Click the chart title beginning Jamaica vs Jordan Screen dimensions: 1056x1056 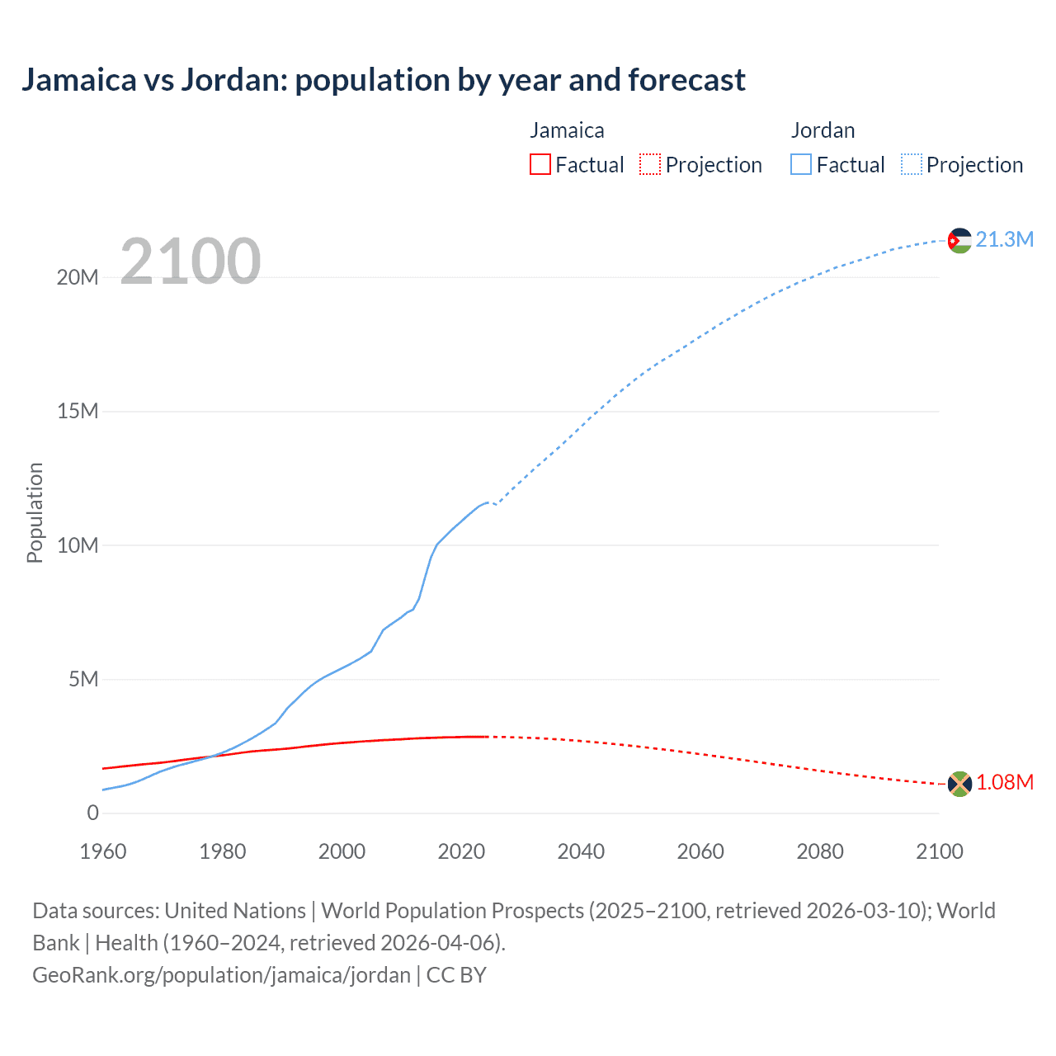point(384,80)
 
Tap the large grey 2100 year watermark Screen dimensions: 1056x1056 point(191,262)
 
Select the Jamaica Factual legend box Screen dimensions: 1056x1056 point(540,164)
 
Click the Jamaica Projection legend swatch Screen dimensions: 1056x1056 point(650,164)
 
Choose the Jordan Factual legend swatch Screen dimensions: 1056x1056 point(801,164)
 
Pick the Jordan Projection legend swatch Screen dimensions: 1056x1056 point(912,164)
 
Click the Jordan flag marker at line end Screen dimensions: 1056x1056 point(959,240)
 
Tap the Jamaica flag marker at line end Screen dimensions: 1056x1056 point(959,783)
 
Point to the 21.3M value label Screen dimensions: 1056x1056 point(1004,239)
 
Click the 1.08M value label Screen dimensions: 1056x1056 point(1004,782)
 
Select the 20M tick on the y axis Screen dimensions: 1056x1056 point(78,277)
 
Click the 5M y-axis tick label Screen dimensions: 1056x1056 point(83,679)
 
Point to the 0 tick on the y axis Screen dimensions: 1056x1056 point(92,813)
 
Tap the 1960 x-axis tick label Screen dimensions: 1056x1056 point(103,851)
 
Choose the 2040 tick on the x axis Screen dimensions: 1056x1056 point(581,851)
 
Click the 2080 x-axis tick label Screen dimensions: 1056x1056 point(820,851)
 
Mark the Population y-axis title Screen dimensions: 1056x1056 point(35,512)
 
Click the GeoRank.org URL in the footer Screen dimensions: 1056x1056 point(221,975)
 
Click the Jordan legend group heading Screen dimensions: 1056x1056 point(823,130)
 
